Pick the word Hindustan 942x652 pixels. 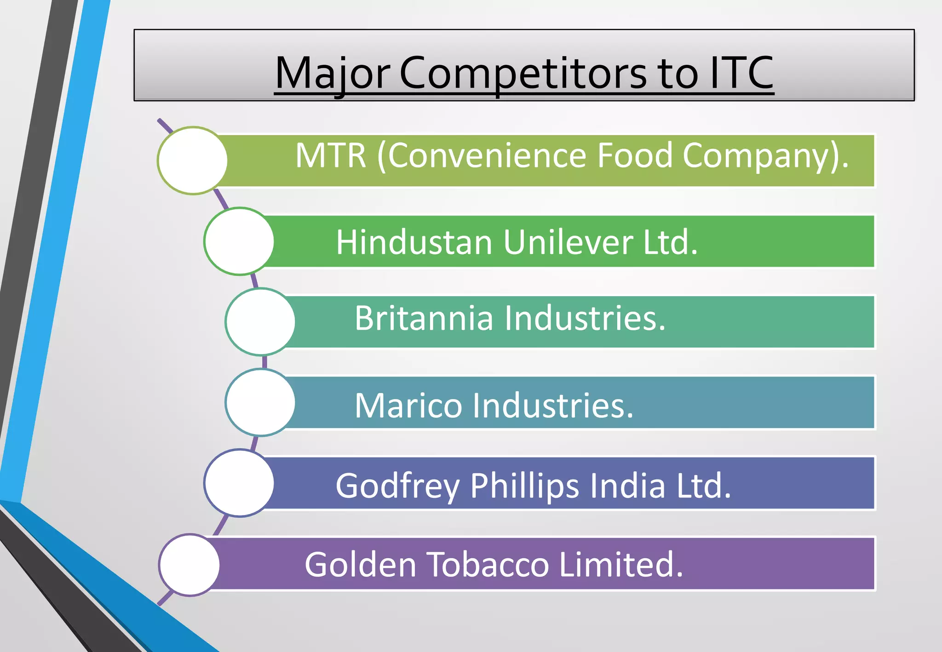414,242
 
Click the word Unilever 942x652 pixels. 568,242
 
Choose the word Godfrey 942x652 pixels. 397,486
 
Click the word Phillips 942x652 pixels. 524,486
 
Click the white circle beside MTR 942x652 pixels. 193,160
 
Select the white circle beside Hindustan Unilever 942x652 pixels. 239,241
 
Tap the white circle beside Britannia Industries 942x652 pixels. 260,322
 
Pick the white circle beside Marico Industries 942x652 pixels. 260,402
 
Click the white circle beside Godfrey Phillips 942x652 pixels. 239,483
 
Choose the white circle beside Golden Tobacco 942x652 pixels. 190,565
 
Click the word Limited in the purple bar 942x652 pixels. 621,565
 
